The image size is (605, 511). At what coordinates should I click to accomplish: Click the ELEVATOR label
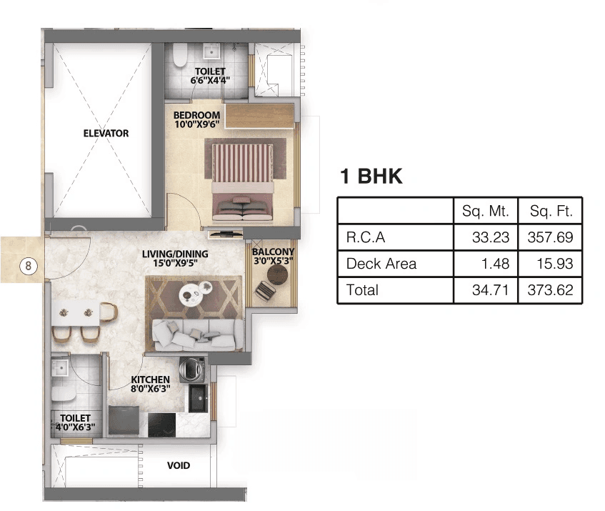click(106, 133)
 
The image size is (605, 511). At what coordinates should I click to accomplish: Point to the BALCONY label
click(273, 252)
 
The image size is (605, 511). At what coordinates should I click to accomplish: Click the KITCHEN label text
click(150, 379)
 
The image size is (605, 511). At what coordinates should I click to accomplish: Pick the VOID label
click(179, 465)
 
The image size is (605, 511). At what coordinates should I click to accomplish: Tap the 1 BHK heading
click(371, 177)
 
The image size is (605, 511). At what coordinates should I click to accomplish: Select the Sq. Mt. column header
click(485, 211)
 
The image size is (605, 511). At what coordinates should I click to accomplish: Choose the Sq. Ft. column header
click(551, 211)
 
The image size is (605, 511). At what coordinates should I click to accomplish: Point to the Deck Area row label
click(381, 264)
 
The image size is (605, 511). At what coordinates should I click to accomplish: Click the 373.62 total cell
click(551, 290)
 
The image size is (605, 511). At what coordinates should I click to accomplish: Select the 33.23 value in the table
click(491, 237)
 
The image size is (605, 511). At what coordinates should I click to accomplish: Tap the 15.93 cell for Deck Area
click(556, 264)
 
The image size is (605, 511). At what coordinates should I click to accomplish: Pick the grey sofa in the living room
click(194, 332)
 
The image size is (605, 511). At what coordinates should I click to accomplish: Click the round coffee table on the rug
click(191, 293)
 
